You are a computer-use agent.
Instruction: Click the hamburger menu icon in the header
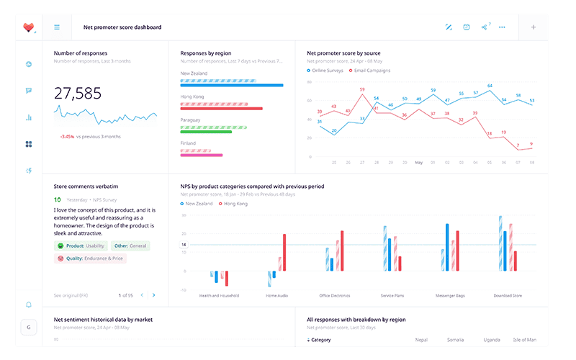[x=57, y=27]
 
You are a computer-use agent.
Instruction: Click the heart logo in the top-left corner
[x=29, y=27]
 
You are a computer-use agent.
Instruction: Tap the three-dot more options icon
[x=502, y=27]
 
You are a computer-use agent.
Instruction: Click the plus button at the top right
[x=534, y=27]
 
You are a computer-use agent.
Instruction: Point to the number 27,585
[x=78, y=93]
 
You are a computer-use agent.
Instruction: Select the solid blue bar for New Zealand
[x=231, y=85]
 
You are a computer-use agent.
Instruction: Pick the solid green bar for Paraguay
[x=210, y=131]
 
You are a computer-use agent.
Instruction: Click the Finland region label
[x=188, y=143]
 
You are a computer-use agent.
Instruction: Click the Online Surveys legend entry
[x=326, y=71]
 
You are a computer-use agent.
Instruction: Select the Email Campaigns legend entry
[x=372, y=71]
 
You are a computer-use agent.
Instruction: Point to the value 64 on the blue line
[x=490, y=86]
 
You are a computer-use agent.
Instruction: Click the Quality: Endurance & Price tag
[x=90, y=258]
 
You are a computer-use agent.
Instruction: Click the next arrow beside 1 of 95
[x=154, y=295]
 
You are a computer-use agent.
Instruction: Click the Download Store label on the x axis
[x=508, y=295]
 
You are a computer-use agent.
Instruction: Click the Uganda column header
[x=492, y=340]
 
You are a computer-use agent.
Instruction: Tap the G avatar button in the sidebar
[x=29, y=327]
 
